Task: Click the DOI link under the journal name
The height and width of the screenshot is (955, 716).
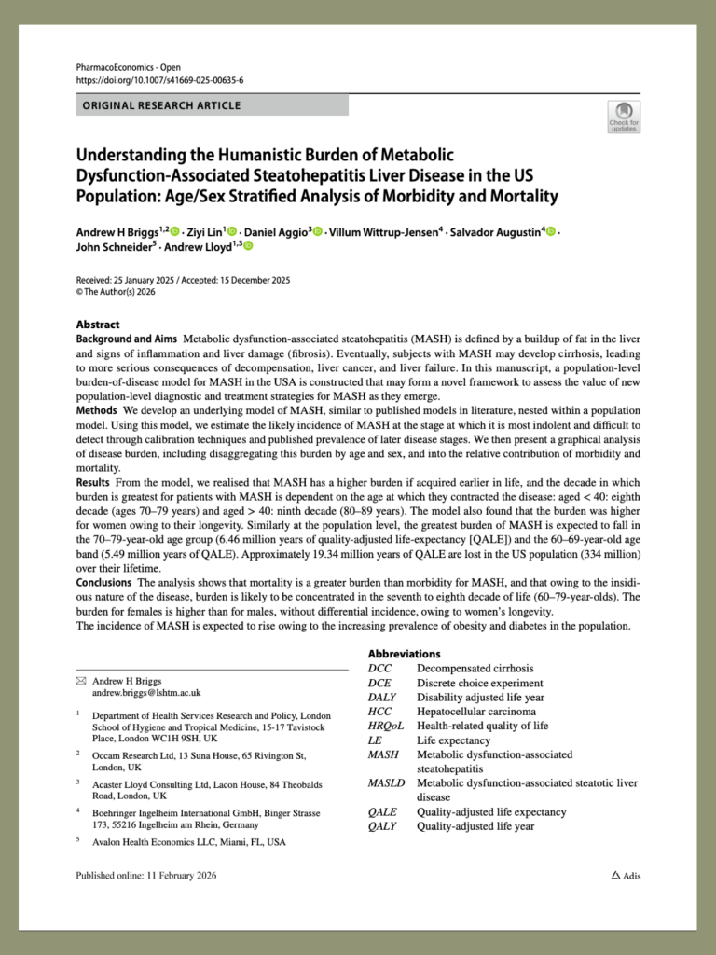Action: point(160,80)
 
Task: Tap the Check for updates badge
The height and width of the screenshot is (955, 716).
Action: point(623,117)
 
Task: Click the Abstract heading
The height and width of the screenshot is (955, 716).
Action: point(97,324)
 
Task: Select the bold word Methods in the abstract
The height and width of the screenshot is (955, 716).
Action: point(97,410)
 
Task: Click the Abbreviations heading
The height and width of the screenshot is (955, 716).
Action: point(404,654)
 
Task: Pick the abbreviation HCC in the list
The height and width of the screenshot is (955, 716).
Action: point(380,711)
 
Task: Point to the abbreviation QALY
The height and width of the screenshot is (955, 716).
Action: point(384,826)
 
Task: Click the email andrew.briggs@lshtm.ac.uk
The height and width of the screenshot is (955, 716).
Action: point(146,694)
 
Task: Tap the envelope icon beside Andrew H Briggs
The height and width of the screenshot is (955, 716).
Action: point(80,682)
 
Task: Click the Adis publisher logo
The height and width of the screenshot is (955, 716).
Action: point(626,876)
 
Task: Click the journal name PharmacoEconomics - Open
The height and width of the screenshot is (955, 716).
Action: point(129,67)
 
